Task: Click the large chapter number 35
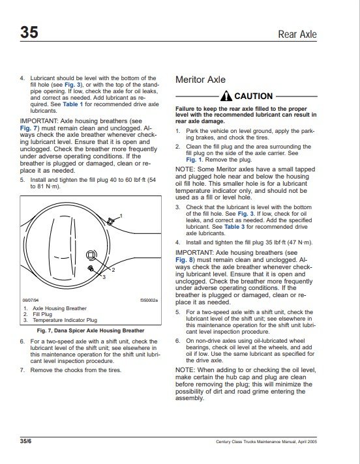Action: [x=29, y=32]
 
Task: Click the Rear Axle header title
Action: [x=297, y=35]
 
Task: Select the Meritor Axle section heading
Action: [x=200, y=80]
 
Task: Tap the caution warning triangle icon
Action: [x=226, y=96]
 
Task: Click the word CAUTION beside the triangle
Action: [x=254, y=96]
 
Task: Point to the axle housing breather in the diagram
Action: [x=110, y=221]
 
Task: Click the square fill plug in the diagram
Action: [x=91, y=255]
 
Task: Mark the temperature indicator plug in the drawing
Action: [x=91, y=268]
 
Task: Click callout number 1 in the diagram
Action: [x=121, y=216]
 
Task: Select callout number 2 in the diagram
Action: [x=113, y=270]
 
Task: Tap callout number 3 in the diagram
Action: [x=104, y=277]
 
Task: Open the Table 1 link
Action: [x=73, y=104]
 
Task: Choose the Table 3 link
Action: [x=235, y=227]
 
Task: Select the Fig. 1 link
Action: [x=194, y=160]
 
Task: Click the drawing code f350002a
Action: [x=149, y=300]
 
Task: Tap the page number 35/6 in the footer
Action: [x=25, y=441]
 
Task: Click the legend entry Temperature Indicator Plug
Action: [x=65, y=320]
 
